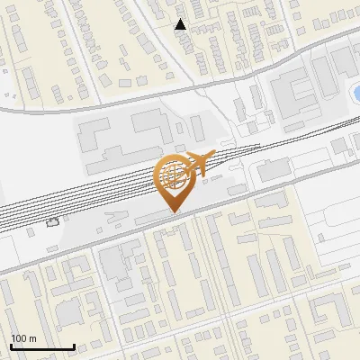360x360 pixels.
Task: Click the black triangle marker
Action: coord(181,24)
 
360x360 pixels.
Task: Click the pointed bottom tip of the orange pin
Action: coord(175,212)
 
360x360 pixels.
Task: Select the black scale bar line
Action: coord(42,347)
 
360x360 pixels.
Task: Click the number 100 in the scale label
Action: coord(19,338)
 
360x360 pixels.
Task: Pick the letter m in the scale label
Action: coord(31,338)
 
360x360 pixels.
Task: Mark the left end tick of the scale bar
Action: coord(11,346)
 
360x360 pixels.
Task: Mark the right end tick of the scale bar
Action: coord(74,346)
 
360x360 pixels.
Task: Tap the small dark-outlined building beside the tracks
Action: coord(53,220)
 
